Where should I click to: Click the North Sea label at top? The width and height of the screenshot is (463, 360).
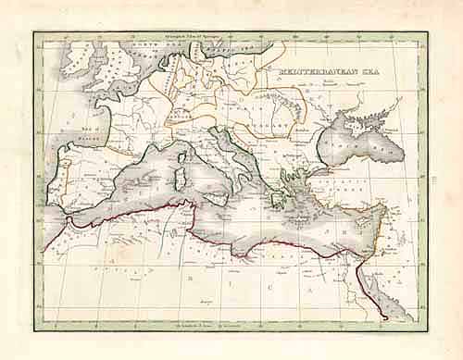162,43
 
